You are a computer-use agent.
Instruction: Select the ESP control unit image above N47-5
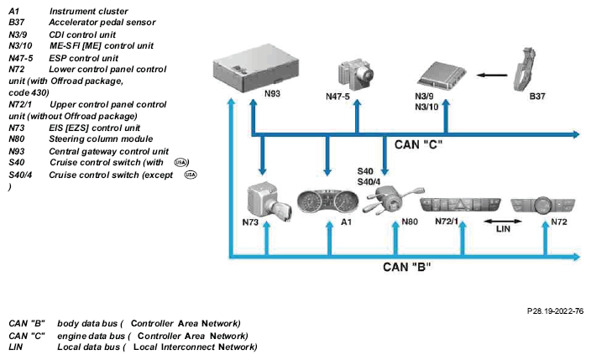point(354,74)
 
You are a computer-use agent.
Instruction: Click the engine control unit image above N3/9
point(442,76)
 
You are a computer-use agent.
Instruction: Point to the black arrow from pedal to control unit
point(492,75)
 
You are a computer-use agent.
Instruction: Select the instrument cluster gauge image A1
point(327,201)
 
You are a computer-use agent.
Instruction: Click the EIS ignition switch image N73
point(269,201)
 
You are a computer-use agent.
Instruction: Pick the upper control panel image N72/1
point(460,206)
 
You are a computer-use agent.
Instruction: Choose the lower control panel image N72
point(543,206)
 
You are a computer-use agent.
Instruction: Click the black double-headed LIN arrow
point(503,222)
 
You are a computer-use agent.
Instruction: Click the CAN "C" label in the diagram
point(418,144)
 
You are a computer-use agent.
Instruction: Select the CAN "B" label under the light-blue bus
point(406,267)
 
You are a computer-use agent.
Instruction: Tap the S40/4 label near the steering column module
point(369,182)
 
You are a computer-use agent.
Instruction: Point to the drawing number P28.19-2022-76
point(555,311)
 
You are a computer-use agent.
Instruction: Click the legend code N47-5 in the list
point(21,58)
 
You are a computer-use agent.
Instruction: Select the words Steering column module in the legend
point(101,138)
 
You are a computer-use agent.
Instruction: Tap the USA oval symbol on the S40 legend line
point(181,162)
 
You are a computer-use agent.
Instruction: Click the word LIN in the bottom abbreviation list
point(15,347)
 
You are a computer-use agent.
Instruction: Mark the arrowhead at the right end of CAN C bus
point(576,134)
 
